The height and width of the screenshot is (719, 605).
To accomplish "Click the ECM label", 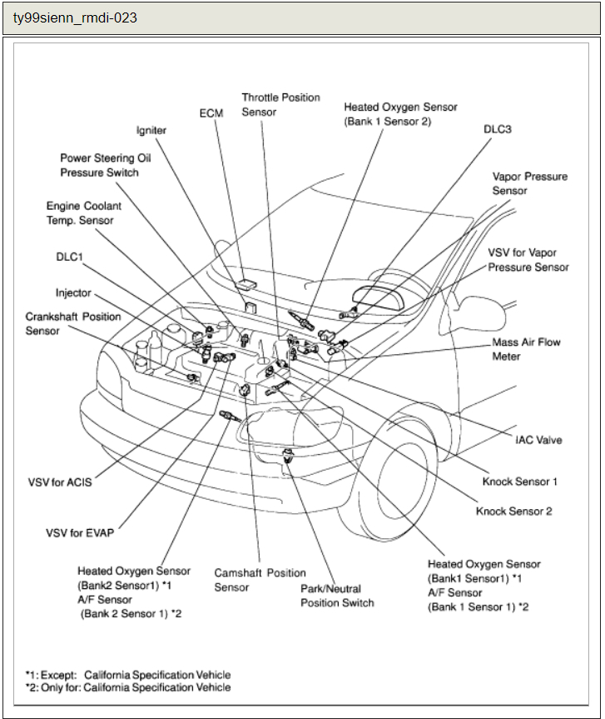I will point(211,112).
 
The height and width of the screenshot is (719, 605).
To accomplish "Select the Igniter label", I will point(151,131).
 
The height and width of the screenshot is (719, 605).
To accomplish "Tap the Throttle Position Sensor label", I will point(280,105).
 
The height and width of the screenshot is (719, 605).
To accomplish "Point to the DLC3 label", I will point(498,130).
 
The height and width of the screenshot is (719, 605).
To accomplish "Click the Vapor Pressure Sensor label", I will point(529,184).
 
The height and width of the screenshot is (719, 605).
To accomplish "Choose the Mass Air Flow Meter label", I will point(526,349).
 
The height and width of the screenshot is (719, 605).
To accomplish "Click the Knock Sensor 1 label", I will point(519,482).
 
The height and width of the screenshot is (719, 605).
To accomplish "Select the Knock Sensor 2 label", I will point(513,511).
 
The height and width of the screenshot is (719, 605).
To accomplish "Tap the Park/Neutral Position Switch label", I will point(337,595).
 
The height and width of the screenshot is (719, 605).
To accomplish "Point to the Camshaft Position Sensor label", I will point(260,580).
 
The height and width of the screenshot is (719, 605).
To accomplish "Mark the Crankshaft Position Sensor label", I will point(72,323).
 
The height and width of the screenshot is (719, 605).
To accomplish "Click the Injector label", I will point(73,293).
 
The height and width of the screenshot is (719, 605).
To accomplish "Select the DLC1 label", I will point(69,258).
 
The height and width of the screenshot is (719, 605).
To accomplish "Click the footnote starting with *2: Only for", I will point(128,687).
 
